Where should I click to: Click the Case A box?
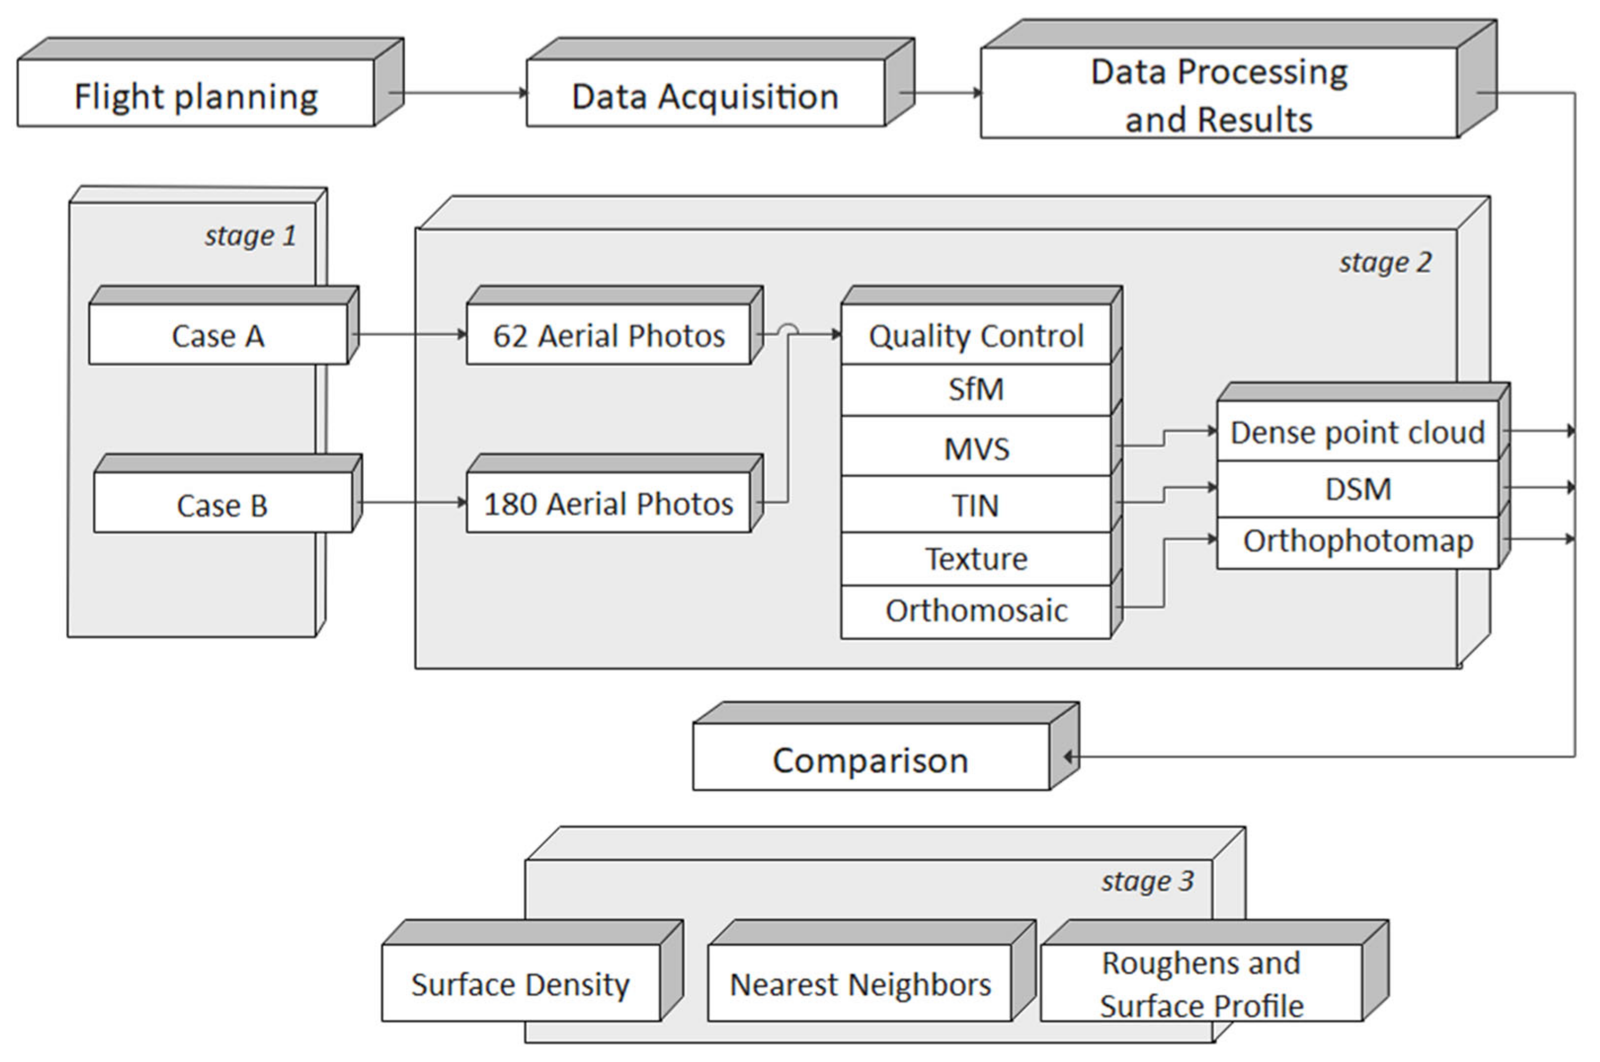(x=217, y=335)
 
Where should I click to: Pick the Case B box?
(x=222, y=503)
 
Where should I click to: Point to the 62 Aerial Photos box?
(x=608, y=335)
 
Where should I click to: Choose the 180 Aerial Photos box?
(x=608, y=503)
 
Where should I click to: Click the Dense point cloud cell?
(x=1357, y=431)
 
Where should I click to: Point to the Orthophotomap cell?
(x=1357, y=541)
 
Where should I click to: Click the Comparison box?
(x=870, y=759)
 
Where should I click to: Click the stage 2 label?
(x=1385, y=262)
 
